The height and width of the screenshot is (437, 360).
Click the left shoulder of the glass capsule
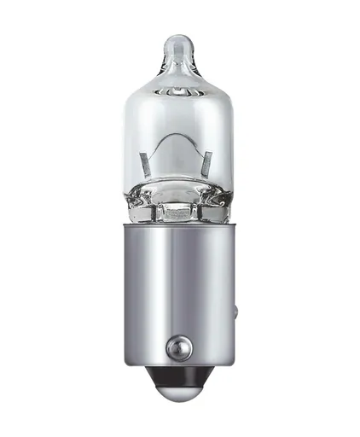pos(136,90)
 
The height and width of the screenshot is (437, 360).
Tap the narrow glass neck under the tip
pos(181,67)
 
